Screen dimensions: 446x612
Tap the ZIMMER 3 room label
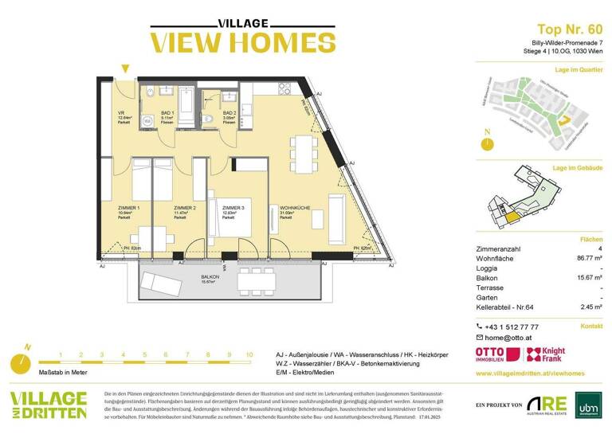[x=234, y=206]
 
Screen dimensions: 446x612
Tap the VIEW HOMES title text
[x=232, y=41]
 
